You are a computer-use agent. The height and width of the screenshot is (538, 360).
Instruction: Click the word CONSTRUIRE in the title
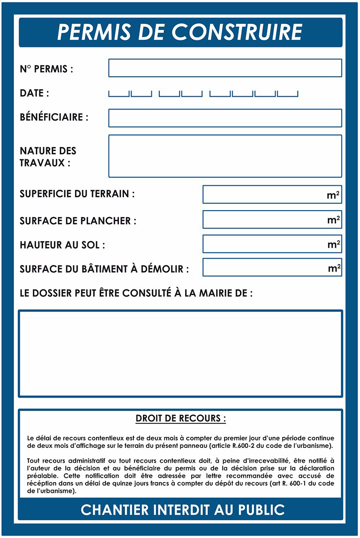(x=237, y=32)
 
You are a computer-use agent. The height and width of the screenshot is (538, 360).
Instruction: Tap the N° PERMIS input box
(x=225, y=68)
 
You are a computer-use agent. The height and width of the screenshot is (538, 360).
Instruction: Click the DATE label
(x=34, y=93)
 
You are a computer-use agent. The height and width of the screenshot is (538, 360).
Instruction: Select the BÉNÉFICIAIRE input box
(x=225, y=118)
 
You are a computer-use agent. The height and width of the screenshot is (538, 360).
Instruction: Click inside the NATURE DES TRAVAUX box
(x=225, y=156)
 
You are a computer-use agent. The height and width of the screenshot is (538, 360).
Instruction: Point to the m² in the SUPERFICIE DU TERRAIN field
(x=334, y=195)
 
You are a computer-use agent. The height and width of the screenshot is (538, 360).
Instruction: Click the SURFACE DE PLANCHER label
(x=78, y=221)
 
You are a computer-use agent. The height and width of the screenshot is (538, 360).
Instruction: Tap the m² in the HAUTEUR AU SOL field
(x=334, y=244)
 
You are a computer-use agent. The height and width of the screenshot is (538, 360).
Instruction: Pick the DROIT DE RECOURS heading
(x=180, y=418)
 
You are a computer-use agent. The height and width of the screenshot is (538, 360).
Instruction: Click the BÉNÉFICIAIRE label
(x=54, y=118)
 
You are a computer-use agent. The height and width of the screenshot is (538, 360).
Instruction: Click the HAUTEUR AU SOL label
(x=62, y=245)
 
